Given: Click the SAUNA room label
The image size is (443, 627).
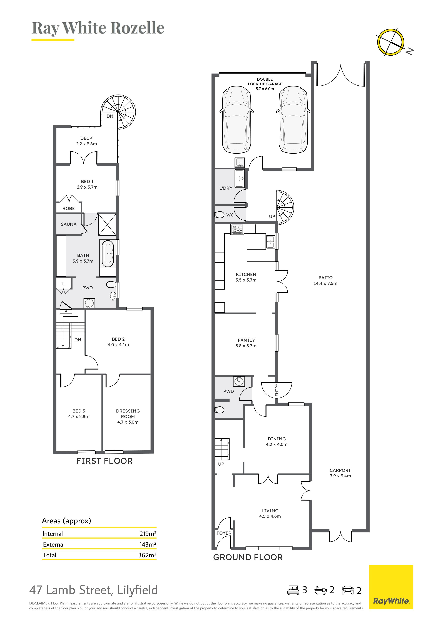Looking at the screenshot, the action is click(69, 224).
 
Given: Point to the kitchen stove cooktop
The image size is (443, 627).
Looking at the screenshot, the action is click(237, 229).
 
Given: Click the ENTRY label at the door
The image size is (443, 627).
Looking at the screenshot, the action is click(277, 390).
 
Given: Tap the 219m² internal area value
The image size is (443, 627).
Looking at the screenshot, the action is click(148, 534).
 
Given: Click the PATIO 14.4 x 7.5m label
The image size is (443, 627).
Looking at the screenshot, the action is click(325, 280).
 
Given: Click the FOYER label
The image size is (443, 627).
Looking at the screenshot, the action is click(224, 533).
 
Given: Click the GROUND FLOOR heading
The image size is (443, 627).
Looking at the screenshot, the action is click(248, 557).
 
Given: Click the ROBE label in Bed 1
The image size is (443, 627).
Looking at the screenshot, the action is click(69, 208).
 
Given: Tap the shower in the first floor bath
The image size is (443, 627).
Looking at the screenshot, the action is click(107, 224).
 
